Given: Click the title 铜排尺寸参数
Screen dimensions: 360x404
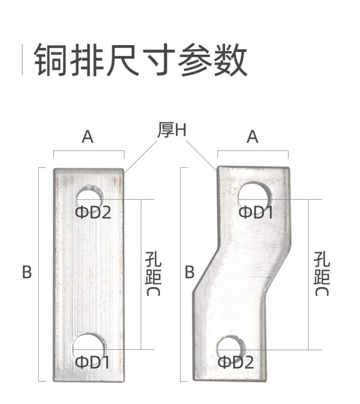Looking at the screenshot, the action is (x=140, y=61).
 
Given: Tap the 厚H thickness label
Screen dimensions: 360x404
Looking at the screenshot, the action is (x=171, y=130).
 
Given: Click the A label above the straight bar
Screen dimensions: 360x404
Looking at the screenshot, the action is (x=87, y=137).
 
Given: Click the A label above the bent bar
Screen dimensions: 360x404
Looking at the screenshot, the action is (x=252, y=137).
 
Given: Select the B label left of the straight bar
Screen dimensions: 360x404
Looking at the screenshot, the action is (x=27, y=272).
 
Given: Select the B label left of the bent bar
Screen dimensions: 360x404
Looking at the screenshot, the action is (x=190, y=272).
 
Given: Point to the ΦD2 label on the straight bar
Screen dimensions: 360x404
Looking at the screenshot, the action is (x=93, y=212).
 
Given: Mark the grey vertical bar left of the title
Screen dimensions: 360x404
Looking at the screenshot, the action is (x=22, y=60).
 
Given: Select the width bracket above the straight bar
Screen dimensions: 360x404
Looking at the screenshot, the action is (x=89, y=152).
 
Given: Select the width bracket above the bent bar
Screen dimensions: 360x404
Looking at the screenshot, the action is (x=253, y=152).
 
